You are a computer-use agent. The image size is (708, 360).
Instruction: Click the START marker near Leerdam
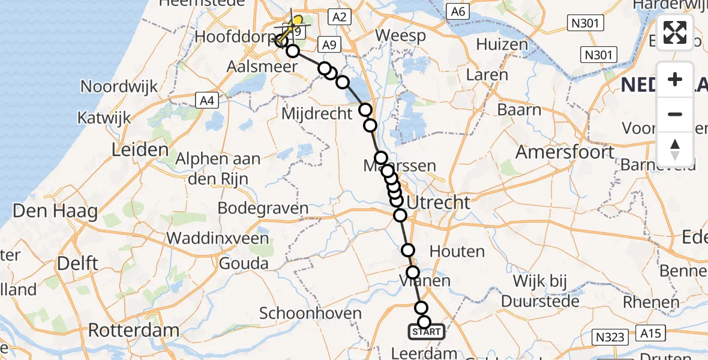[x=427, y=332]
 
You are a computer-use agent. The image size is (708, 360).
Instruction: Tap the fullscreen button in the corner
[x=675, y=32]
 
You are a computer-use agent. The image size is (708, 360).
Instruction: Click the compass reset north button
[x=675, y=149]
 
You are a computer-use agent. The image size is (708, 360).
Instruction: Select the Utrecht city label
[x=439, y=203]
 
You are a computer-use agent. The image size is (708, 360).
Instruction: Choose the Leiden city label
[x=139, y=149]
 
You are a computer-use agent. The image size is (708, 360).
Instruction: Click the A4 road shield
[x=206, y=101]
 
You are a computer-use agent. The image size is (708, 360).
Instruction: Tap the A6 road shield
[x=458, y=11]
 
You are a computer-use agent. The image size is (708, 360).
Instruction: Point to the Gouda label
[x=244, y=263]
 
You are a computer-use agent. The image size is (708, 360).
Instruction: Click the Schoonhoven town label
[x=310, y=313]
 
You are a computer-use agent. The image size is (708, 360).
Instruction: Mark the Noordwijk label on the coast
[x=119, y=86]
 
